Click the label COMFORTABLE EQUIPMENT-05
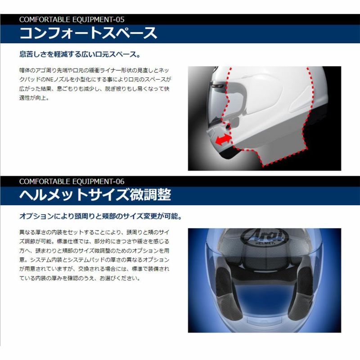point(72,19)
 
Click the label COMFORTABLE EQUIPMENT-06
point(72,182)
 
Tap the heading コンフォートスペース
point(88,33)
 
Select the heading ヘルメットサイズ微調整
point(95,195)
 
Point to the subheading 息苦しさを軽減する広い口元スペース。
point(80,54)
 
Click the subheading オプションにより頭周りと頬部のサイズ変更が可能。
point(100,216)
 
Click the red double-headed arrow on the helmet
point(223,139)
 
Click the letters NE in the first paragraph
point(50,80)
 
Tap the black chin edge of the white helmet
point(229,155)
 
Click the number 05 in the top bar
point(120,19)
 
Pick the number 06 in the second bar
point(120,182)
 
